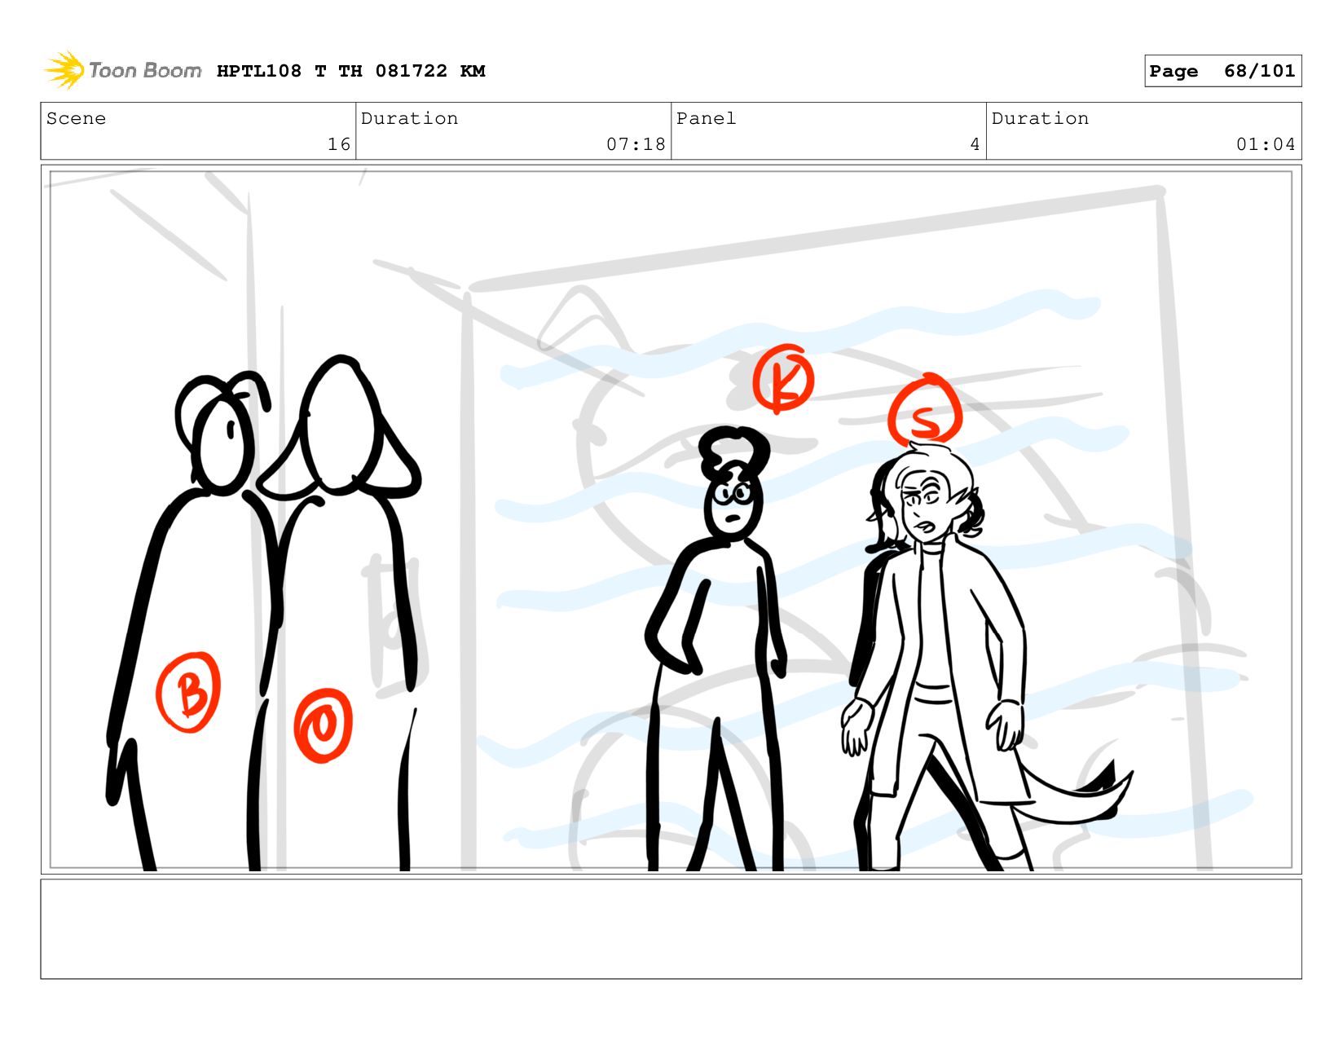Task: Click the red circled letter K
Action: coord(782,378)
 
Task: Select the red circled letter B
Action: coord(188,693)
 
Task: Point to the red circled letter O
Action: coord(324,725)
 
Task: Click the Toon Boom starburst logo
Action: coord(64,70)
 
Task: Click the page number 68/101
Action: coord(1259,71)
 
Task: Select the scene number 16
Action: coord(339,144)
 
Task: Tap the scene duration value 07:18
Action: coord(636,144)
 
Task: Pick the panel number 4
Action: coord(975,144)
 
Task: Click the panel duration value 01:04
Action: coord(1265,144)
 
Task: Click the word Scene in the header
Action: coord(76,118)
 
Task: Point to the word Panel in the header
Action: coord(706,118)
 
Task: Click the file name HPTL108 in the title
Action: coord(259,71)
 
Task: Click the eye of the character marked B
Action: coord(231,430)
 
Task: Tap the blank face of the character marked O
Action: coord(340,426)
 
